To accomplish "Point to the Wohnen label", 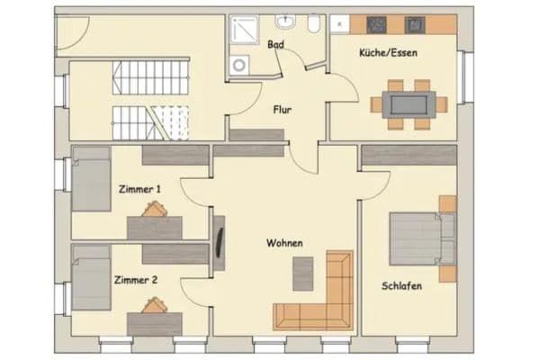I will click(x=283, y=243).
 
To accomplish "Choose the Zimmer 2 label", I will click(x=136, y=280).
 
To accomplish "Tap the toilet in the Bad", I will click(x=313, y=25).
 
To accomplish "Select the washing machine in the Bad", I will click(x=240, y=65).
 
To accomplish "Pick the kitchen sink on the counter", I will click(x=415, y=23).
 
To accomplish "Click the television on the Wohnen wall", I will click(x=220, y=241).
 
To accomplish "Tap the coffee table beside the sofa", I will click(x=304, y=273).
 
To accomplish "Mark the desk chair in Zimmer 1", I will click(x=153, y=210).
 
